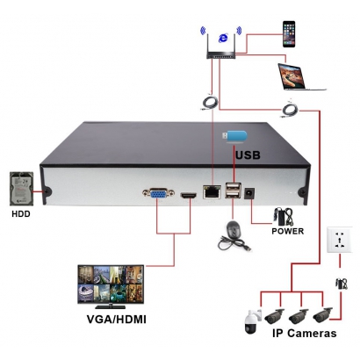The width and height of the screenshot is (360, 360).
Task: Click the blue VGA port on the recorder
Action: pos(158,193)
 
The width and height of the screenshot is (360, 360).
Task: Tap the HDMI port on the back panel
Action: pos(189,196)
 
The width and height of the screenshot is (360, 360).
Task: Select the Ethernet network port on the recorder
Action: pos(212,191)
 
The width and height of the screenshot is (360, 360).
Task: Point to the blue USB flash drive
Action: pos(235,137)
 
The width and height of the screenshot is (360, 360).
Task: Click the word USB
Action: pos(248,155)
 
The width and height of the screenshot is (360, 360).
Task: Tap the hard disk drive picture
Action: pos(22,189)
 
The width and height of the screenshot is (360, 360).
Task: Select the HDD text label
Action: pos(21,214)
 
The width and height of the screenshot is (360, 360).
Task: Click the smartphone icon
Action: pos(289,34)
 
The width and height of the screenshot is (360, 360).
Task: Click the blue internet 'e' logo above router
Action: pos(223,38)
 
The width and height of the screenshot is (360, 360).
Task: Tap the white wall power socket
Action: pos(340,240)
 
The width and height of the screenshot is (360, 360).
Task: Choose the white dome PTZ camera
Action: pos(253,321)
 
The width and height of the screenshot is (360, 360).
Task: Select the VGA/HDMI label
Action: pos(116,319)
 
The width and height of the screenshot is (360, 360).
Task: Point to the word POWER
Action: pos(288,231)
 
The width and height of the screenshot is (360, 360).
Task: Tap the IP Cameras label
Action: pos(305,333)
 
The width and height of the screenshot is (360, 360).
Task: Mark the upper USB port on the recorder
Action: pos(234,186)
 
